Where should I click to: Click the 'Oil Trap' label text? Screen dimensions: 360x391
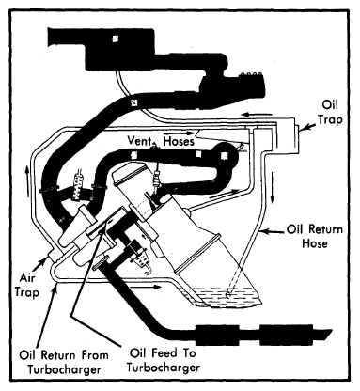(330, 112)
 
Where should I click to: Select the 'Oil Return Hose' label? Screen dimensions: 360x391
(315, 237)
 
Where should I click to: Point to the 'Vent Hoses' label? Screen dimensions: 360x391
(161, 141)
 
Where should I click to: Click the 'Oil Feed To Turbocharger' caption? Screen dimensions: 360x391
(163, 360)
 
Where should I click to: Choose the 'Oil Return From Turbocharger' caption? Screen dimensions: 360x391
(64, 362)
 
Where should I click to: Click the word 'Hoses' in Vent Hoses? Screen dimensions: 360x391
(179, 141)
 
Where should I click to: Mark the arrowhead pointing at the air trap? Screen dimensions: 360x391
(44, 261)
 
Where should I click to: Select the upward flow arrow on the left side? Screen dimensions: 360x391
(27, 180)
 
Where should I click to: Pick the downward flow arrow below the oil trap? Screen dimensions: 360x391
(273, 187)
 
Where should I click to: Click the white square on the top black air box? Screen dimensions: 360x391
(116, 39)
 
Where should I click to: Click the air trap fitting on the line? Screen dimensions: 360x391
(55, 255)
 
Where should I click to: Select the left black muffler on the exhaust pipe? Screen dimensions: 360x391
(217, 336)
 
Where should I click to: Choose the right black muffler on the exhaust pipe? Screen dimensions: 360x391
(286, 335)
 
